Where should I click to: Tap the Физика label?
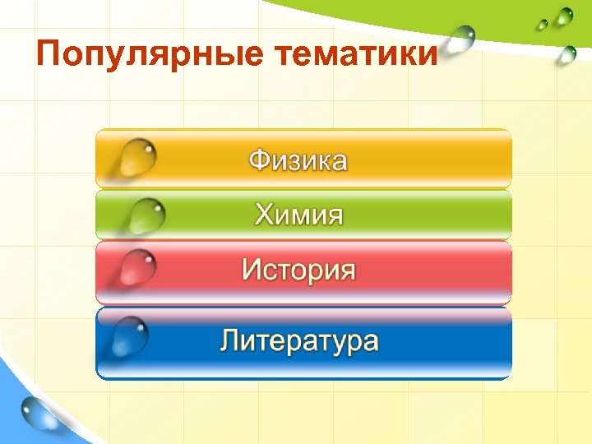point(298,160)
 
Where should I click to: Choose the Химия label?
point(298,215)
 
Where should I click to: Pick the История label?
point(298,271)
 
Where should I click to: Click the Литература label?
point(299,341)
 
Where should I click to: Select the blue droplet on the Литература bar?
point(132,333)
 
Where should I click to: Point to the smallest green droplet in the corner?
point(542,25)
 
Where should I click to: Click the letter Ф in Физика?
point(260,160)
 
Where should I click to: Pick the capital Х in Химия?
point(265,215)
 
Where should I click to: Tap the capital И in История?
point(252,271)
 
